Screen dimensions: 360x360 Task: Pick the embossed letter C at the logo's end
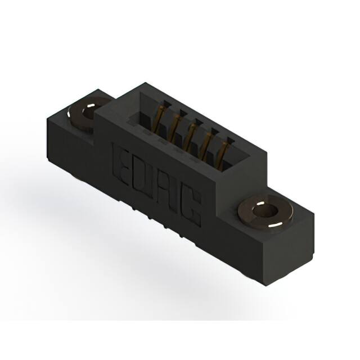pyautogui.click(x=191, y=210)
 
